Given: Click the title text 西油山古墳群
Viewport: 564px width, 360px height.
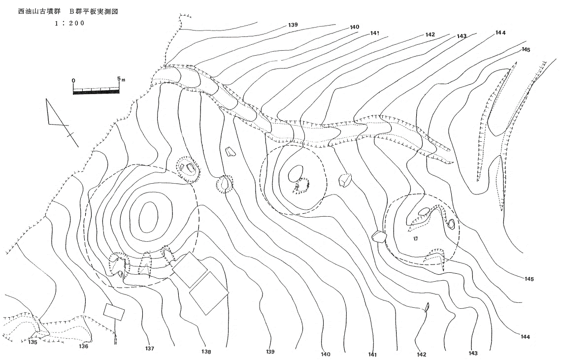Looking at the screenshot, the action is tap(39, 11).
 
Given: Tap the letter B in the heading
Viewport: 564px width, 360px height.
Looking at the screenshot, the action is tap(71, 11).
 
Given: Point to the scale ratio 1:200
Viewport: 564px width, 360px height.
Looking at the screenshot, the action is tap(69, 23).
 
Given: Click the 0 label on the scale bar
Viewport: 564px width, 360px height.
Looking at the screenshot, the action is tap(73, 80).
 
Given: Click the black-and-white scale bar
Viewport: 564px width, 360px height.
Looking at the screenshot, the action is tap(96, 90).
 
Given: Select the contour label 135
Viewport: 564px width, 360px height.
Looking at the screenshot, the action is tap(33, 342).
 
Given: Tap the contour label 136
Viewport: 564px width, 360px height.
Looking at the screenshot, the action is tap(83, 346).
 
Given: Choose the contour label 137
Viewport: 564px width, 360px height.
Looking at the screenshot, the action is tap(150, 349).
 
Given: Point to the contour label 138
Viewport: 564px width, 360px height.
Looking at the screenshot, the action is tap(206, 352).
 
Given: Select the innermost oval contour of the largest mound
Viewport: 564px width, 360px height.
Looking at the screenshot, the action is tap(148, 217).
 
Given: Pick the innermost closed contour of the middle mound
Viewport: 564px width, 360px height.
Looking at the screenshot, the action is tap(296, 174).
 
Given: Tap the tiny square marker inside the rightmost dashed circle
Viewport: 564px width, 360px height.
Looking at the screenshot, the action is tap(416, 238).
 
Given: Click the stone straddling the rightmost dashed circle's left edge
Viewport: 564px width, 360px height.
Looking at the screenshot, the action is tap(379, 236).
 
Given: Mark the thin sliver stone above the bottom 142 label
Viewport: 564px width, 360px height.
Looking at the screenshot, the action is tap(427, 307).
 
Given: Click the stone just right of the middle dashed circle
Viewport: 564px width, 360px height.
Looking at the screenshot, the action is tap(345, 180).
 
